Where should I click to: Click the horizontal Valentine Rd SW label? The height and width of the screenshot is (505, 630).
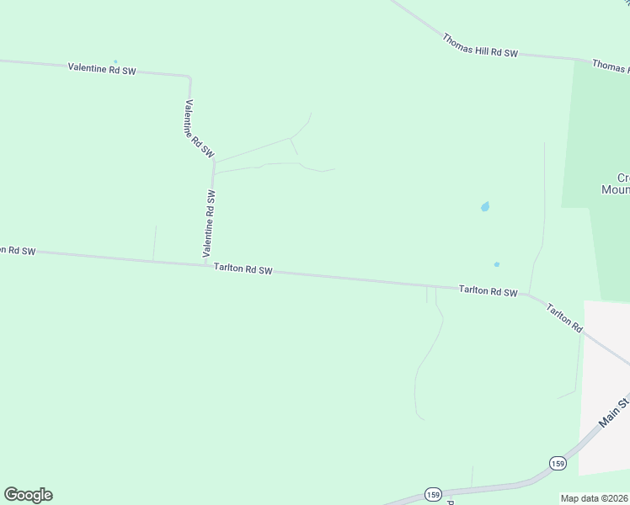(102, 69)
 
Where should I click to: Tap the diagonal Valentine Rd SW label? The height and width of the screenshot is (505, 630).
(200, 129)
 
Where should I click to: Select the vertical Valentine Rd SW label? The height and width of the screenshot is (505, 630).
(210, 223)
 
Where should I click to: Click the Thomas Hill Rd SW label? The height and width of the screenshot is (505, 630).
(478, 45)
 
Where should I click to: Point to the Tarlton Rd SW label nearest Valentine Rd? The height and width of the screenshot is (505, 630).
(243, 269)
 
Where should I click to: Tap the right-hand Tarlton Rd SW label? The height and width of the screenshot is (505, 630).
(488, 290)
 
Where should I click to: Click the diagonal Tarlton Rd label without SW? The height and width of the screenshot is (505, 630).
(564, 316)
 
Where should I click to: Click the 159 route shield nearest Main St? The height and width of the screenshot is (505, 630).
(558, 463)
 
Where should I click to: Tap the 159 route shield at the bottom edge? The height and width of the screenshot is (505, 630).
(433, 494)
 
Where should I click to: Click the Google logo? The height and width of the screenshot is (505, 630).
(28, 495)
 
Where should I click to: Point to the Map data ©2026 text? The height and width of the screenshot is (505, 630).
(595, 498)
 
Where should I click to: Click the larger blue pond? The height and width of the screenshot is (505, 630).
(484, 206)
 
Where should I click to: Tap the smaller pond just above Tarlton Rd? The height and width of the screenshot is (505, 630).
(497, 264)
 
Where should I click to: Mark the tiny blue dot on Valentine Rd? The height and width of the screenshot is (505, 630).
(115, 61)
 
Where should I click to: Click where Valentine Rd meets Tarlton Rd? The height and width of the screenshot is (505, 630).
(206, 263)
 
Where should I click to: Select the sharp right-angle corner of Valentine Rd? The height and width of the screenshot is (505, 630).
(190, 77)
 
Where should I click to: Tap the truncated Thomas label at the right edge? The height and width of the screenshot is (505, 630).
(611, 65)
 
